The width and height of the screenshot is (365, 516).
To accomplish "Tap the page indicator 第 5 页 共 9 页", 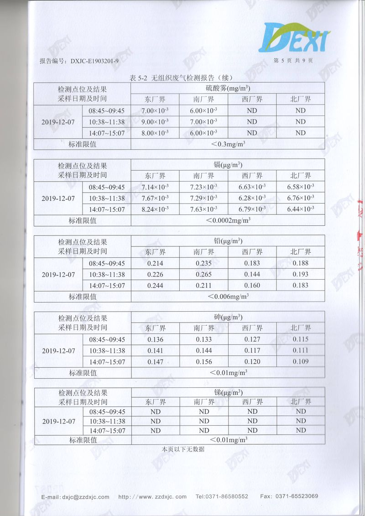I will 293,61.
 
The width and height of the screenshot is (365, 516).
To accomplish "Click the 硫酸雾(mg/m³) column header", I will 228,88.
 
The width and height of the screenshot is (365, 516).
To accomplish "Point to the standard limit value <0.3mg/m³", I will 228,144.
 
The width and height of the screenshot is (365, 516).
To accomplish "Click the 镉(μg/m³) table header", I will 228,165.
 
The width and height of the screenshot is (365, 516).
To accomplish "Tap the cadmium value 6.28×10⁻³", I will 252,198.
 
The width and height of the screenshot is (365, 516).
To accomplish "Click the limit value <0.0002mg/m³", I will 228,220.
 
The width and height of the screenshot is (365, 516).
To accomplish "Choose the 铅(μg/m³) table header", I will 228,241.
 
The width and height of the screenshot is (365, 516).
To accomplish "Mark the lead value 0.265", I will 204,274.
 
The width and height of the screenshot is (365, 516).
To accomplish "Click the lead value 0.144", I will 252,274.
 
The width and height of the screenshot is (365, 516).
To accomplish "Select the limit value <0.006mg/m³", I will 228,297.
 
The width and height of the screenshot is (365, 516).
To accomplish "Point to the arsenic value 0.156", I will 204,361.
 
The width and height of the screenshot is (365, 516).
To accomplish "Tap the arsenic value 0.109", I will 301,361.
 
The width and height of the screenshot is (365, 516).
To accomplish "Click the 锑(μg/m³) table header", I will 228,392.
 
